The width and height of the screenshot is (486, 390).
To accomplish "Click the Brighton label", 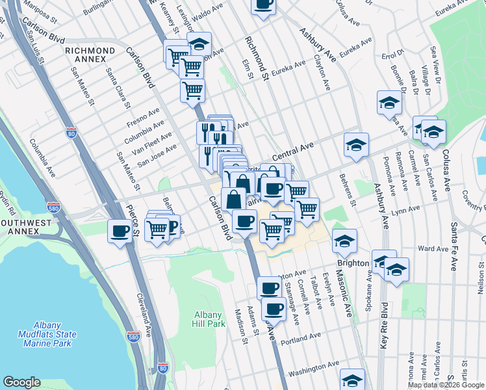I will point(353,263).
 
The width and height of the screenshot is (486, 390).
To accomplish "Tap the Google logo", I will point(21,382).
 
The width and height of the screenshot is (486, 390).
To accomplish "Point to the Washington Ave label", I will point(314,369).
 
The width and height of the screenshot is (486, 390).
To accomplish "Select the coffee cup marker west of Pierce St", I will point(120,231).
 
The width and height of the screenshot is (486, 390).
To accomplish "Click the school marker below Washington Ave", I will point(353,380).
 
